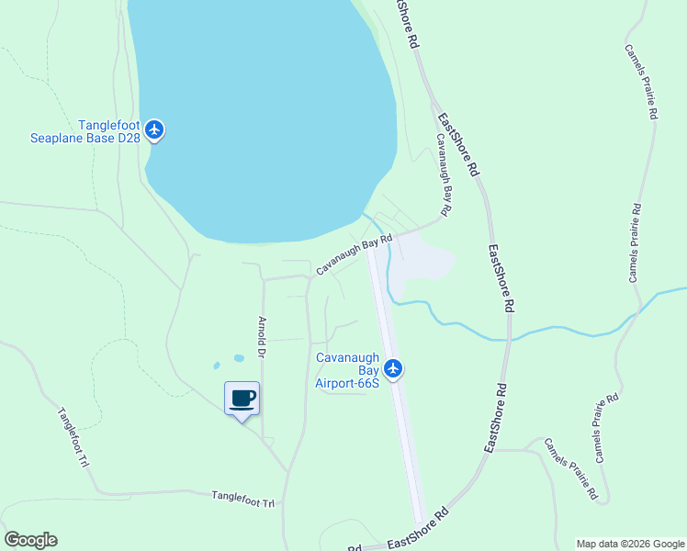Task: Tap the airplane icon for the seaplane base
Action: click(x=154, y=129)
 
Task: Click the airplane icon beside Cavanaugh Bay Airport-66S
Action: click(x=394, y=368)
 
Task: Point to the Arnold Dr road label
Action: click(x=262, y=338)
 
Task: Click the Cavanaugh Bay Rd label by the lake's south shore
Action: click(x=355, y=254)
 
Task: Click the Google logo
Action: click(x=30, y=540)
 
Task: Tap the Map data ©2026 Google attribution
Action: click(x=629, y=544)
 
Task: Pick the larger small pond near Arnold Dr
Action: click(x=239, y=357)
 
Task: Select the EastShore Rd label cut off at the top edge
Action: click(x=407, y=23)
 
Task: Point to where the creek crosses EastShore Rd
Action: click(x=506, y=338)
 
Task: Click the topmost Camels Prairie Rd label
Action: click(x=641, y=83)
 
